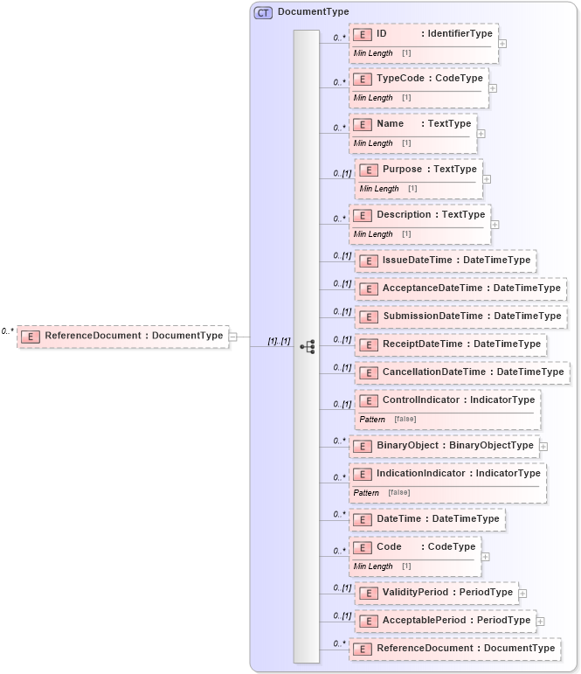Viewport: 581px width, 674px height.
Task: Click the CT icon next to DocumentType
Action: pos(263,12)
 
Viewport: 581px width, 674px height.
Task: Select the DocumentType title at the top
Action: pos(313,12)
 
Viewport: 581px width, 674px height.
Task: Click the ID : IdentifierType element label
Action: pos(433,33)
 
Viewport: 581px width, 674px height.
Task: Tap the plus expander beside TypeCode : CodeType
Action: pos(493,87)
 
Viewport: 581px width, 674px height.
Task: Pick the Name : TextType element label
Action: pos(423,123)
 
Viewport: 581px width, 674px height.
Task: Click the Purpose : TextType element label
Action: pos(429,169)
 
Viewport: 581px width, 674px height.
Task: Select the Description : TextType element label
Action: pos(430,214)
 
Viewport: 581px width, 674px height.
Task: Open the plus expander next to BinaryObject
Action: pos(543,446)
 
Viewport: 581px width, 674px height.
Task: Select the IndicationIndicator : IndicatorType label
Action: pos(458,473)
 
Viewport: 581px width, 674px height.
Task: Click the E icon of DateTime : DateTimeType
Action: pos(362,519)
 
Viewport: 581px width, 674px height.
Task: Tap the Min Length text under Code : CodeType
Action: pos(373,566)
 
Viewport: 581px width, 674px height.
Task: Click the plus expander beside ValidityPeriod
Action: pos(522,593)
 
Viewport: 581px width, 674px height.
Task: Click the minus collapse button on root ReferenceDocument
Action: pos(233,336)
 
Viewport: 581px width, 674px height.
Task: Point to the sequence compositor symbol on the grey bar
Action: pos(307,346)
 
